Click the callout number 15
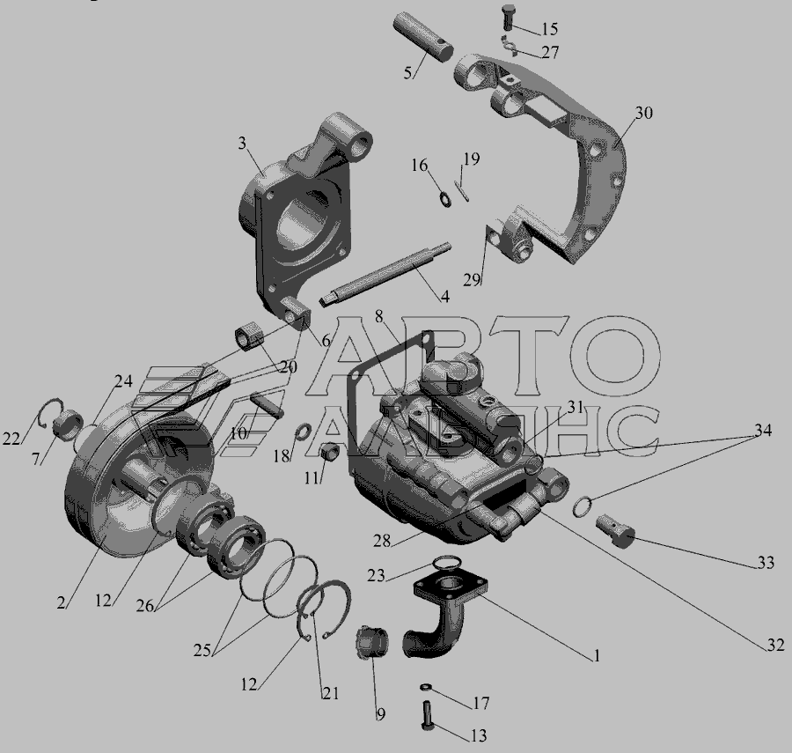[549, 29]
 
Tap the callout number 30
[643, 113]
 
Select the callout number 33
[766, 562]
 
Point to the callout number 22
[11, 439]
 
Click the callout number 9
[381, 714]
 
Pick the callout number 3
[243, 144]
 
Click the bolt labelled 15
[508, 16]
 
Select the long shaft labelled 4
[385, 272]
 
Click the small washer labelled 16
[445, 199]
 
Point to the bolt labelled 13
[426, 714]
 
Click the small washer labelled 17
[425, 687]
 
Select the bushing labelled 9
[373, 642]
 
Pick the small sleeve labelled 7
[69, 425]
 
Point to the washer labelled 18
[303, 432]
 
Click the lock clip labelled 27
[510, 47]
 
